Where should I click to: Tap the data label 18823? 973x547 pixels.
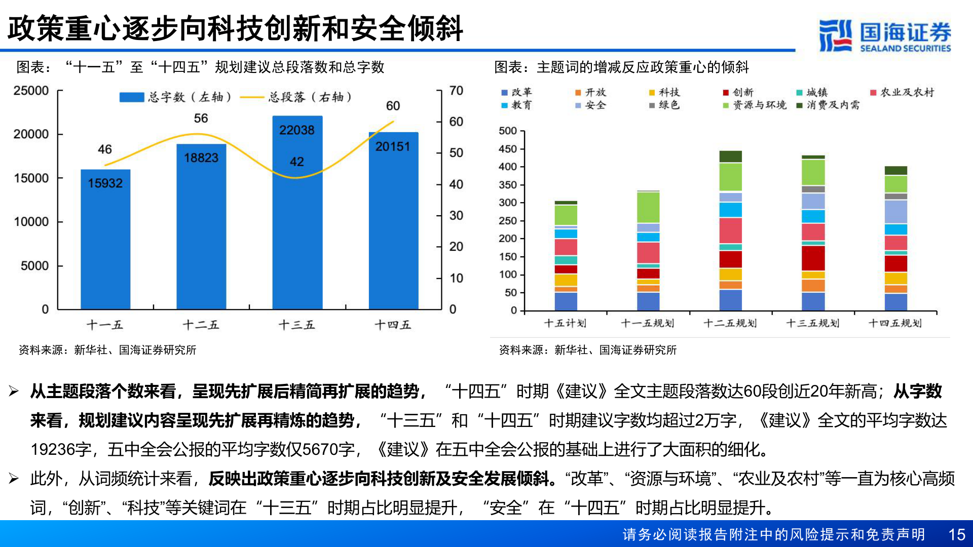click(x=201, y=158)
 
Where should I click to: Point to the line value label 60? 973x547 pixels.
click(x=393, y=106)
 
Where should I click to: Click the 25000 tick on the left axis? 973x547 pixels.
click(x=31, y=91)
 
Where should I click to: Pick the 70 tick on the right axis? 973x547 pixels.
click(x=456, y=91)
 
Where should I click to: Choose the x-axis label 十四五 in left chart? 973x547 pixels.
click(x=393, y=325)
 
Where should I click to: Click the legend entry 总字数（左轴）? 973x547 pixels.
click(x=175, y=97)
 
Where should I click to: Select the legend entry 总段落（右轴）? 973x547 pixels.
click(x=296, y=97)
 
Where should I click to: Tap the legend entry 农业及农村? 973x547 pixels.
click(x=902, y=92)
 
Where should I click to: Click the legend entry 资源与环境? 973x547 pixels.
click(x=755, y=105)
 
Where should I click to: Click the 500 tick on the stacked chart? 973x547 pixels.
click(x=508, y=131)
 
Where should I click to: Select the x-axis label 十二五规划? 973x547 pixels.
click(x=730, y=323)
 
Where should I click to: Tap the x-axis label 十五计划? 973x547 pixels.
click(x=566, y=323)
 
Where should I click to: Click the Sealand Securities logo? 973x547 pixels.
click(x=885, y=35)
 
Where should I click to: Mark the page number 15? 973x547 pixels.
click(x=956, y=535)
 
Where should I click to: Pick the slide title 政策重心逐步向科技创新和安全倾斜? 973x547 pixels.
click(x=236, y=28)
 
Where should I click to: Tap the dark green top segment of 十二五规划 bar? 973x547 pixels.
click(x=730, y=157)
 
